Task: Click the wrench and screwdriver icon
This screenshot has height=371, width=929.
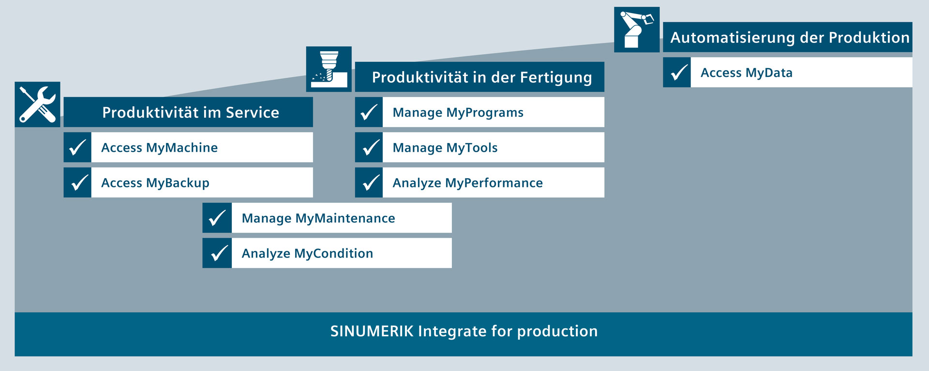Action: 37,104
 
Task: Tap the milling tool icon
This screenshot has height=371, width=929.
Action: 329,69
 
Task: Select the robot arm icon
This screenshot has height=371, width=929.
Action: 637,29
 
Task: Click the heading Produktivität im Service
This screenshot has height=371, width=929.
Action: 191,113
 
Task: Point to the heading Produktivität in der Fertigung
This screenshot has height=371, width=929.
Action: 482,78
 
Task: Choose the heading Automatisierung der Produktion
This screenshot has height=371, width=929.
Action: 790,38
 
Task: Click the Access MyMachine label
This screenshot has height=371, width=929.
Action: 159,148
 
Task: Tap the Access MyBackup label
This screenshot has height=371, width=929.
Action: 155,183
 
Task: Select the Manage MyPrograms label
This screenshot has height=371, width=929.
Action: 458,113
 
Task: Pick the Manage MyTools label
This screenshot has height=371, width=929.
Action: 445,148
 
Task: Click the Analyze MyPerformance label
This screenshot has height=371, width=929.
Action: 467,183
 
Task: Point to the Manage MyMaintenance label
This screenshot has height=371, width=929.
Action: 318,218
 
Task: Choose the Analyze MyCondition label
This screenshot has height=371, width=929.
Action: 307,254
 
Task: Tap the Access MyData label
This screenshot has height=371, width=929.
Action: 747,73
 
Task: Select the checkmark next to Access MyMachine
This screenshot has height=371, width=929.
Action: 77,147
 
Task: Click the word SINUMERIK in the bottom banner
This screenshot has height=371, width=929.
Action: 372,331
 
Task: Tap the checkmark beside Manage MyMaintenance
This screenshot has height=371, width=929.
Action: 217,218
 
